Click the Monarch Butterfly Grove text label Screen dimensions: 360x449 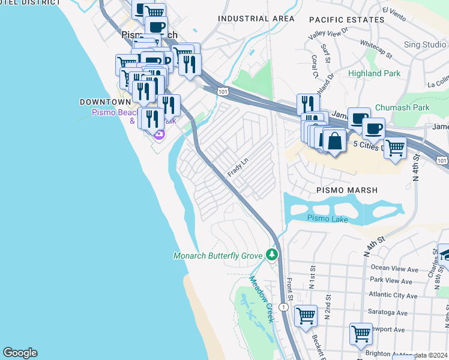tap(218, 256)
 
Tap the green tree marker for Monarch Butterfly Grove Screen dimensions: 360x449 tap(273, 254)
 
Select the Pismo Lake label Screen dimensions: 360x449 tap(327, 219)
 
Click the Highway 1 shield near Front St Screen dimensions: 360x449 tap(284, 307)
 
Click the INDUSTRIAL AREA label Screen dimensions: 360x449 tap(256, 19)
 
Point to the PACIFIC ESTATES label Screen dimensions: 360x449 tap(338, 20)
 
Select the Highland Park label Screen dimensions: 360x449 tap(373, 73)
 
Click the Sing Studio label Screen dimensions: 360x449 tap(425, 44)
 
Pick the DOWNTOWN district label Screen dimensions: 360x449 tap(105, 103)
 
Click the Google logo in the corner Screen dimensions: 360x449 tap(20, 353)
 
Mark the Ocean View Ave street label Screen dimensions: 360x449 tap(394, 268)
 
